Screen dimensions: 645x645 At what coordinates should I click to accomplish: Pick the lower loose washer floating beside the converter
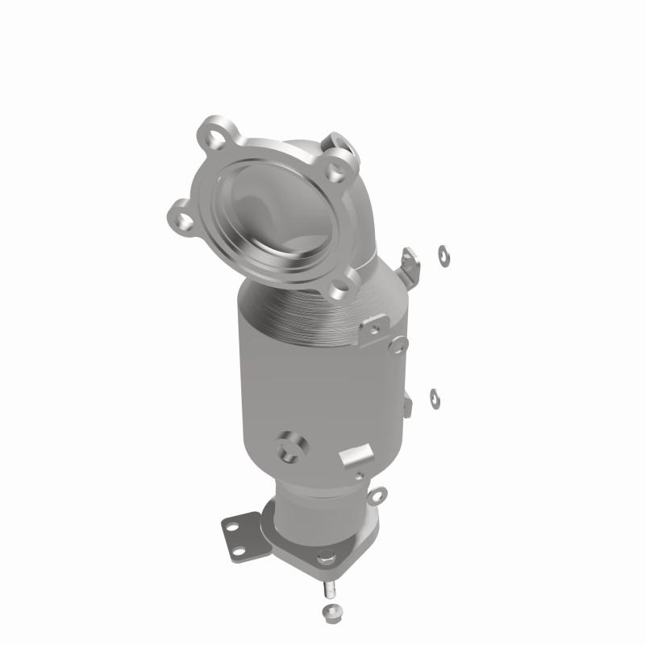pos(435,396)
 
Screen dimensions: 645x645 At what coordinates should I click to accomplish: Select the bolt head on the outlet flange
pos(325,556)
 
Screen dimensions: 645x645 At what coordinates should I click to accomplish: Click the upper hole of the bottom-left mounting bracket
pos(234,527)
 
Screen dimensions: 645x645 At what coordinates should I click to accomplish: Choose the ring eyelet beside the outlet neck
pos(378,494)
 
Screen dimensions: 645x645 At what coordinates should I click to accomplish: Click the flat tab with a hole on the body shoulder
pos(376,330)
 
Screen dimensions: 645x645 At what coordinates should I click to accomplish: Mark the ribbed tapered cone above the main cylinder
pos(314,310)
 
